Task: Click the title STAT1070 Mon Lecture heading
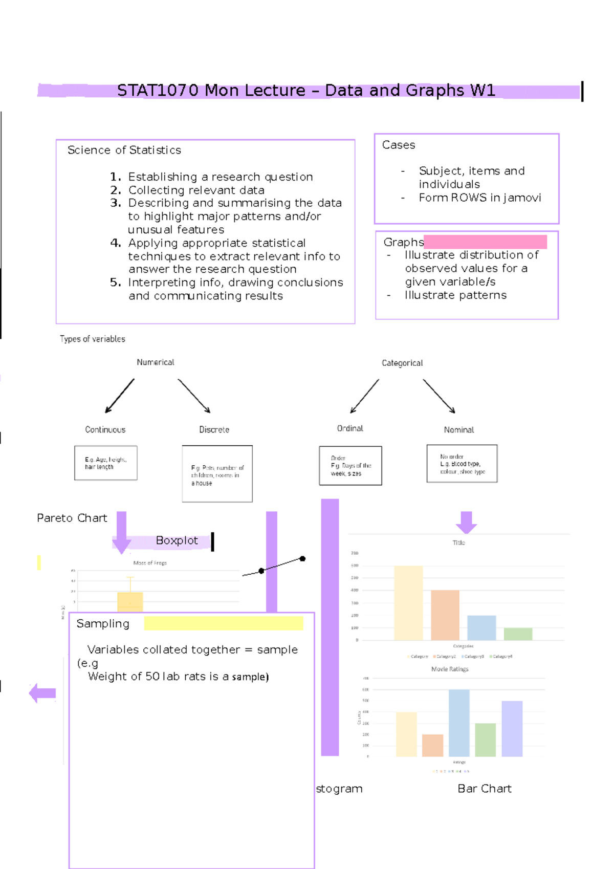(306, 91)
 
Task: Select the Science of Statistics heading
(124, 150)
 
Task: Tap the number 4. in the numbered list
(115, 243)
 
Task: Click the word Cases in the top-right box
(399, 145)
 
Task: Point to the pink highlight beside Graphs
(485, 242)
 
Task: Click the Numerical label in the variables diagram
(155, 362)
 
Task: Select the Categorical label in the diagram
(402, 363)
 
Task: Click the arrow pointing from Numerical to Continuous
(119, 396)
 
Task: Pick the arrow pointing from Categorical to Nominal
(439, 396)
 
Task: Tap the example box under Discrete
(217, 474)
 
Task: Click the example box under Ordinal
(350, 466)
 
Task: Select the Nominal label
(459, 430)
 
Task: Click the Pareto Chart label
(72, 518)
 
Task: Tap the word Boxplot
(177, 540)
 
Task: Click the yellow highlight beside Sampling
(224, 623)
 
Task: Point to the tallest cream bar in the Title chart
(408, 603)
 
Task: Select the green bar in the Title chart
(518, 634)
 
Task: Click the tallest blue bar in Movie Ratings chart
(459, 723)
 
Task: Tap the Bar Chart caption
(484, 789)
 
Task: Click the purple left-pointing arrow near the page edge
(42, 693)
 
